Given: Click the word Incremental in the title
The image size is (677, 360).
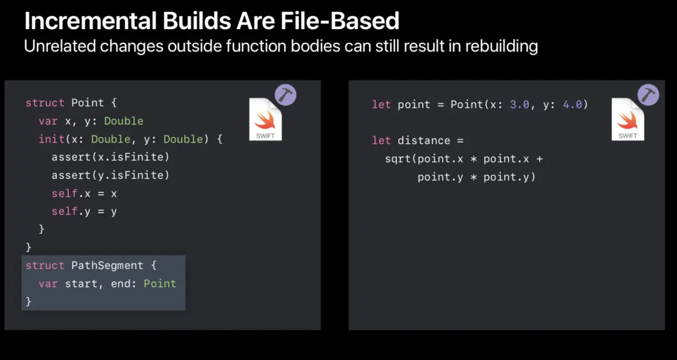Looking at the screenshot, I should [x=90, y=21].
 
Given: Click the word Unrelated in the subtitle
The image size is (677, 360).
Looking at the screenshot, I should [x=59, y=46].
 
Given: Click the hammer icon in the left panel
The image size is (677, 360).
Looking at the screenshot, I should [x=285, y=95].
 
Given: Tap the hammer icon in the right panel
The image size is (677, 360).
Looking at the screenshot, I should [x=648, y=95].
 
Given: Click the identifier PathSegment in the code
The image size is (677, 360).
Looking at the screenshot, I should [x=107, y=265].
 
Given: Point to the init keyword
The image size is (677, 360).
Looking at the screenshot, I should [x=51, y=139].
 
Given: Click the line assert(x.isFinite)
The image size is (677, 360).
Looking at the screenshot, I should [x=110, y=157].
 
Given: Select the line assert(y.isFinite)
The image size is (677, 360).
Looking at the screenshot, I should [x=110, y=175].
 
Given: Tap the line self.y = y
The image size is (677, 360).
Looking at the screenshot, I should [x=84, y=211].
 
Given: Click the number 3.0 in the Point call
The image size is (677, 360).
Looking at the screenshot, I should [x=519, y=104].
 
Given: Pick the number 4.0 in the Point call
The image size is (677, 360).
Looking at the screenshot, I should [x=572, y=104].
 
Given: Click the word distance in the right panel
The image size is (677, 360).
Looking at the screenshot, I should [x=424, y=140].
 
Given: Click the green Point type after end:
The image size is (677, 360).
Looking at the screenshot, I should [x=159, y=284].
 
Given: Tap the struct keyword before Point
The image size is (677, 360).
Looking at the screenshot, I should [x=45, y=103].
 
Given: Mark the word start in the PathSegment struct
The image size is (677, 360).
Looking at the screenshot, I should [x=81, y=284].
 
